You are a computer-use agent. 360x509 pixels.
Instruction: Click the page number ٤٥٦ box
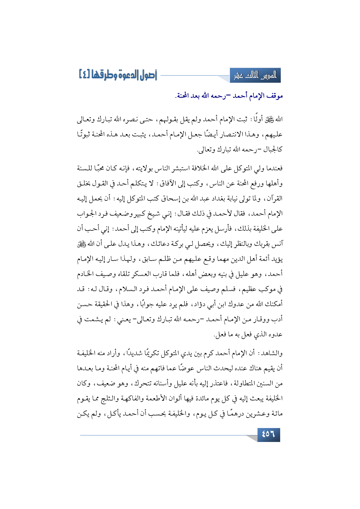(x=269, y=434)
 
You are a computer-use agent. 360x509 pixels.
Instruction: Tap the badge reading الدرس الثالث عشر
(x=255, y=76)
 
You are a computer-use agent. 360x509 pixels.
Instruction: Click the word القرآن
(x=274, y=198)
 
